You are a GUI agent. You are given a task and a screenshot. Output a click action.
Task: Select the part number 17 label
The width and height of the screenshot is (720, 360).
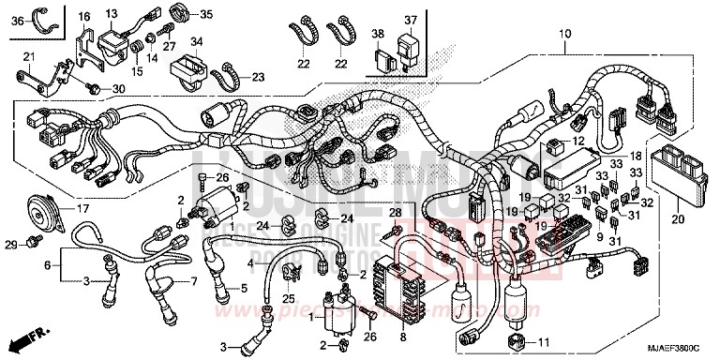82,209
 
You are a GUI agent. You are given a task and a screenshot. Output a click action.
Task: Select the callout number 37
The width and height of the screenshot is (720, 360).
411,22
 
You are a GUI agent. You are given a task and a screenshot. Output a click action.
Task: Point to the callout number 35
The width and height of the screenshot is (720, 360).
205,14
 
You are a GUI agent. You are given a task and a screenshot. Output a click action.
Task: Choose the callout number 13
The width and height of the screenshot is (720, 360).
112,13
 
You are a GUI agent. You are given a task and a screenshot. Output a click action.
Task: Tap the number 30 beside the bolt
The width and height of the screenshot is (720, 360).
118,88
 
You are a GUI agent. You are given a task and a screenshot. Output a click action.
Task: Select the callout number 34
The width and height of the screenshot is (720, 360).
196,42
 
